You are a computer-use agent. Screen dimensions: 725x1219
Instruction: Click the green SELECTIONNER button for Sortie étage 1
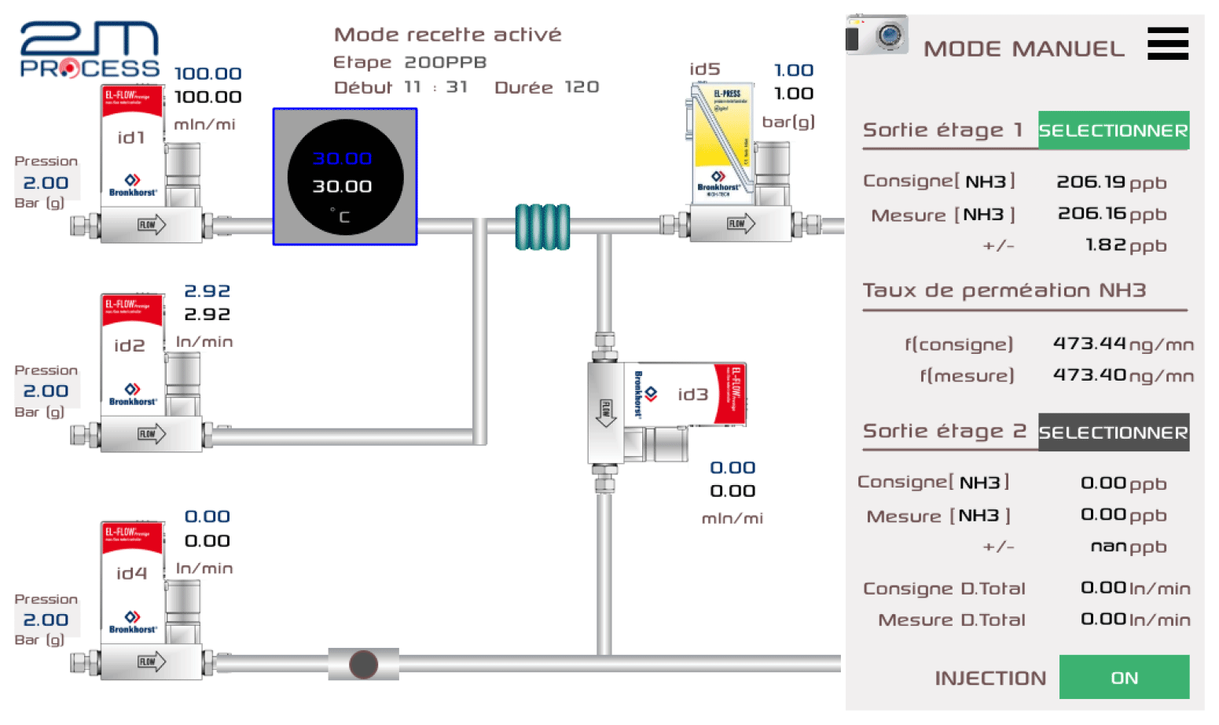pos(1113,131)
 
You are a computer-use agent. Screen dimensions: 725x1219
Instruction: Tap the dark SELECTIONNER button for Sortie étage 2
pos(1113,432)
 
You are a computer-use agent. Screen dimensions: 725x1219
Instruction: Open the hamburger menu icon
pos(1168,44)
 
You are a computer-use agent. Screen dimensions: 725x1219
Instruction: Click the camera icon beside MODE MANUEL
pos(877,35)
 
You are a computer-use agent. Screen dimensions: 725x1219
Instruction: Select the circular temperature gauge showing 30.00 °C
pos(345,177)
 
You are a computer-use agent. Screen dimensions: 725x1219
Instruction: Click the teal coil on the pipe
pos(542,227)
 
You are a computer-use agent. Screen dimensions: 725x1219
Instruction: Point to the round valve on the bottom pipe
pos(363,664)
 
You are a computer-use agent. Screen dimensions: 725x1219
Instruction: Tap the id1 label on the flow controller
pos(131,138)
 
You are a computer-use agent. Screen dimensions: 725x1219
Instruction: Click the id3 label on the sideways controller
pos(693,395)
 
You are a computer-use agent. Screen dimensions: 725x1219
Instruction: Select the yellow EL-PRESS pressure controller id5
pos(721,142)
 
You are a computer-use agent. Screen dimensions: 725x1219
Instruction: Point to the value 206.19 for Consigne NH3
pos(1091,182)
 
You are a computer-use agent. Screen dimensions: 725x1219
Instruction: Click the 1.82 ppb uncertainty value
pos(1106,245)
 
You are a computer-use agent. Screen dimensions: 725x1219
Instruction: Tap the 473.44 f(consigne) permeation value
pos(1089,344)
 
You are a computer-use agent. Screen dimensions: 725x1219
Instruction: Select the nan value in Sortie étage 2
pos(1108,547)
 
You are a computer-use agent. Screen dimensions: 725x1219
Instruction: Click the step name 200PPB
pos(446,62)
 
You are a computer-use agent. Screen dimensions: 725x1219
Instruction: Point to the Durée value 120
pos(582,87)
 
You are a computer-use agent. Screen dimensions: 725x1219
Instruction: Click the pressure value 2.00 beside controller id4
pos(46,620)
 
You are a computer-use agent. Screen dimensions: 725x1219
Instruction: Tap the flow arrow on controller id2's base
pos(152,434)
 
